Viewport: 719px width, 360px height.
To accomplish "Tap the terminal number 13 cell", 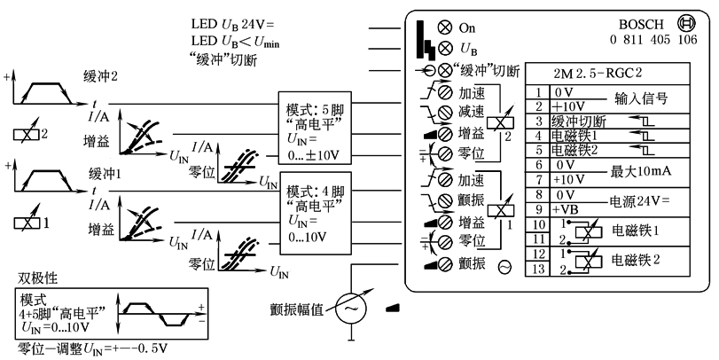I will [537, 268].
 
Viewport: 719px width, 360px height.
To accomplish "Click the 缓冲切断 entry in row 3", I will [578, 121].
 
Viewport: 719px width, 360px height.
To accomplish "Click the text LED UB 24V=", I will [233, 22].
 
